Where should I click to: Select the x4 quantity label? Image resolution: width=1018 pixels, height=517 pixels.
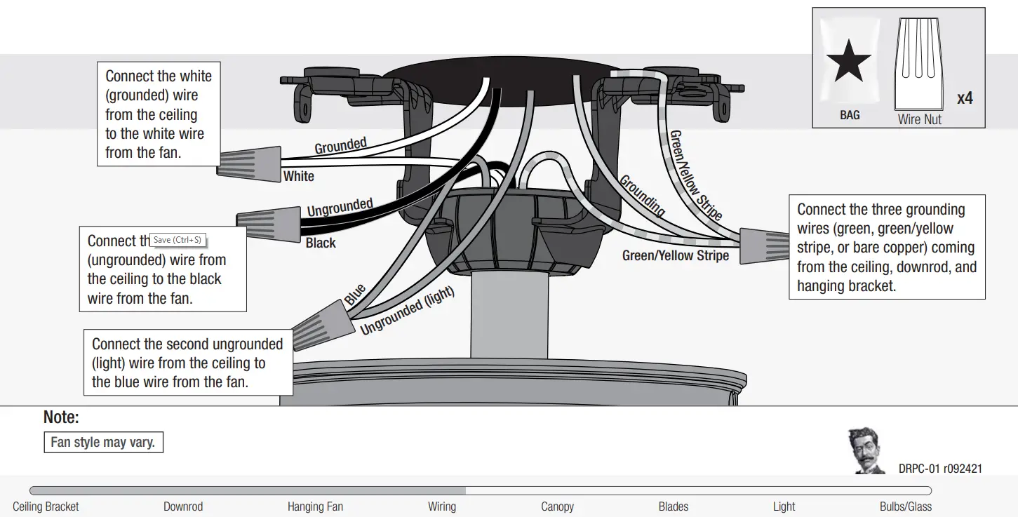pyautogui.click(x=965, y=98)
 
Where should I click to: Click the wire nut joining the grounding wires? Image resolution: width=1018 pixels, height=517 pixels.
pyautogui.click(x=764, y=246)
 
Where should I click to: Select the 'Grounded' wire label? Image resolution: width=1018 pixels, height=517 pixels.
pyautogui.click(x=340, y=146)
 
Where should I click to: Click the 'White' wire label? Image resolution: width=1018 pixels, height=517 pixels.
pyautogui.click(x=298, y=176)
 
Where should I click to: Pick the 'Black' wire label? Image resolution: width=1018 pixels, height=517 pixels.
pyautogui.click(x=321, y=243)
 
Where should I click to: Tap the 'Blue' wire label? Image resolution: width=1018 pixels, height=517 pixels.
pyautogui.click(x=355, y=294)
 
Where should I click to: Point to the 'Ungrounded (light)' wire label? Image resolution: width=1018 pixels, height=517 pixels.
pyautogui.click(x=408, y=311)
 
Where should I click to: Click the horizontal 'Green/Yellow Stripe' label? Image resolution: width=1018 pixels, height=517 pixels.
pyautogui.click(x=675, y=256)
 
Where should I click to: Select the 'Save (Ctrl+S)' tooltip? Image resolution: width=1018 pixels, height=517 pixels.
pyautogui.click(x=178, y=240)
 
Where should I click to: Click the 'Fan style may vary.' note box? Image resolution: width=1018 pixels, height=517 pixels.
pyautogui.click(x=103, y=443)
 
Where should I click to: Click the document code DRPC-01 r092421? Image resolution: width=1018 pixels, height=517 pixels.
pyautogui.click(x=940, y=469)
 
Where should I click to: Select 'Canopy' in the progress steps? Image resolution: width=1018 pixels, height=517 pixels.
pyautogui.click(x=557, y=506)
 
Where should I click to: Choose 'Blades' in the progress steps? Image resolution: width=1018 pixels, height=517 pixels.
pyautogui.click(x=673, y=506)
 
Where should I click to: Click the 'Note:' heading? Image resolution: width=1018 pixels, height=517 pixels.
pyautogui.click(x=61, y=417)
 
